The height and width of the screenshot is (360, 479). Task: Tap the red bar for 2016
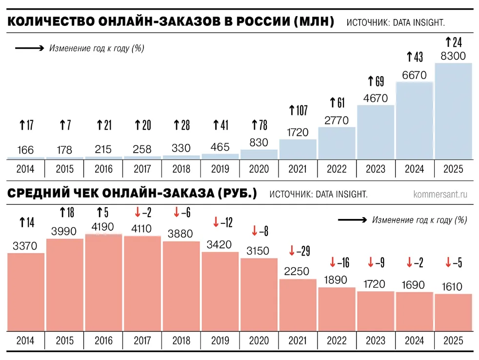(x=103, y=283)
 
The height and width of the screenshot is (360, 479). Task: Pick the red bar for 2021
(x=298, y=305)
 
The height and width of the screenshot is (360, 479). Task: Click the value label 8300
(x=453, y=56)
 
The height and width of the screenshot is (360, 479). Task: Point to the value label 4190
(x=103, y=227)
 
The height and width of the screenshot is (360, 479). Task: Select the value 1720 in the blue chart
(x=298, y=132)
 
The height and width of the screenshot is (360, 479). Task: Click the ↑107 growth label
(x=298, y=110)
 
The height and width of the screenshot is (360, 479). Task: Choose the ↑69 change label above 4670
(x=376, y=80)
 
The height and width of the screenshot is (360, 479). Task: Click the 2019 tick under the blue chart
(x=220, y=169)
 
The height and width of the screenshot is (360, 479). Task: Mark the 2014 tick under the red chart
(x=25, y=340)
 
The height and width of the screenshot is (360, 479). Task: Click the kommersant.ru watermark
(x=440, y=194)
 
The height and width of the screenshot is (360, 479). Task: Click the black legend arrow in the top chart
(x=30, y=48)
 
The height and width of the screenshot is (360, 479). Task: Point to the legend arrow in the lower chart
(x=352, y=220)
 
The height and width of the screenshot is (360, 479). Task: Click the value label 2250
(x=298, y=271)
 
